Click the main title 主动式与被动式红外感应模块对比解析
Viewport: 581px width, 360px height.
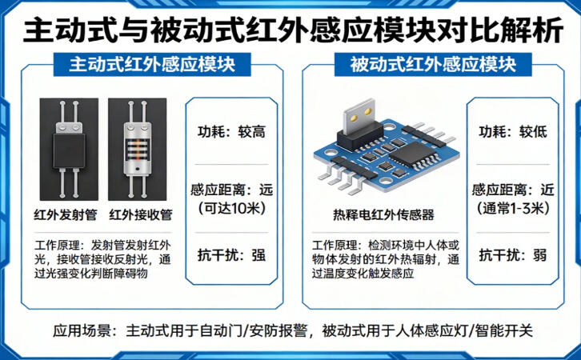(x=293, y=30)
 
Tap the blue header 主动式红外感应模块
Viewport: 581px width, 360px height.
(x=152, y=65)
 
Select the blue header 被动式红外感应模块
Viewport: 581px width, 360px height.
(x=433, y=65)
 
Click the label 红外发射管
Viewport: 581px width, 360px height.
(x=66, y=215)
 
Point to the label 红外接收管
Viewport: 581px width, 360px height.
(x=141, y=215)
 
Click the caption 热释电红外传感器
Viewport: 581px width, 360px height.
(x=383, y=215)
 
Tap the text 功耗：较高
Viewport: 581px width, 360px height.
(x=231, y=132)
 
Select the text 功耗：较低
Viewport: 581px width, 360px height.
(x=513, y=132)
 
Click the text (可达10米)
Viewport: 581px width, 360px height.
(x=232, y=209)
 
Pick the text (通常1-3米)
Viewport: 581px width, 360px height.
(x=513, y=209)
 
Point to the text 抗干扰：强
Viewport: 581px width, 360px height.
(x=231, y=255)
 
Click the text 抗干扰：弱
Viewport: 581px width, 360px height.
(x=513, y=255)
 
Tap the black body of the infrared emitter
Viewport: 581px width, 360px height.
(x=69, y=150)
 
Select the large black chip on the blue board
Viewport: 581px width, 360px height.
(x=408, y=154)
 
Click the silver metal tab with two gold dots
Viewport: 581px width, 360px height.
(x=358, y=116)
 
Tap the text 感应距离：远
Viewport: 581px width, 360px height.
(x=231, y=190)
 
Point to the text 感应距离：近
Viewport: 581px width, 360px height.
(x=513, y=190)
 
